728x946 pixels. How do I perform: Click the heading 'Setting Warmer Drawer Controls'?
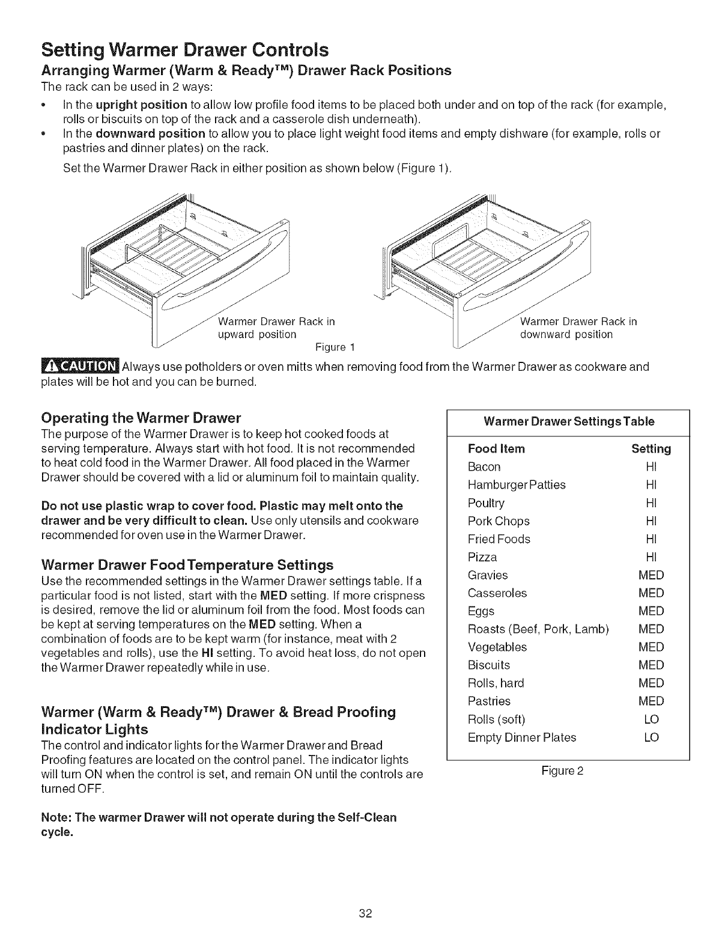(x=185, y=48)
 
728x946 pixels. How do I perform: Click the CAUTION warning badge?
(x=81, y=367)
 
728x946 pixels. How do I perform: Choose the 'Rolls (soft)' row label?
(x=496, y=719)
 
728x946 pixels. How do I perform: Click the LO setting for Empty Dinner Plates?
(x=651, y=737)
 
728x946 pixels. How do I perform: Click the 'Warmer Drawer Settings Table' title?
(x=569, y=421)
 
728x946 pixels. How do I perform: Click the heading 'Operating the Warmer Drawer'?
(x=141, y=418)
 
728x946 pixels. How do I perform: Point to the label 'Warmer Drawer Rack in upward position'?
(x=276, y=328)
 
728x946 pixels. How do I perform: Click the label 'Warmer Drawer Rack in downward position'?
(x=578, y=328)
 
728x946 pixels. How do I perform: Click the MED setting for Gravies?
(x=651, y=575)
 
